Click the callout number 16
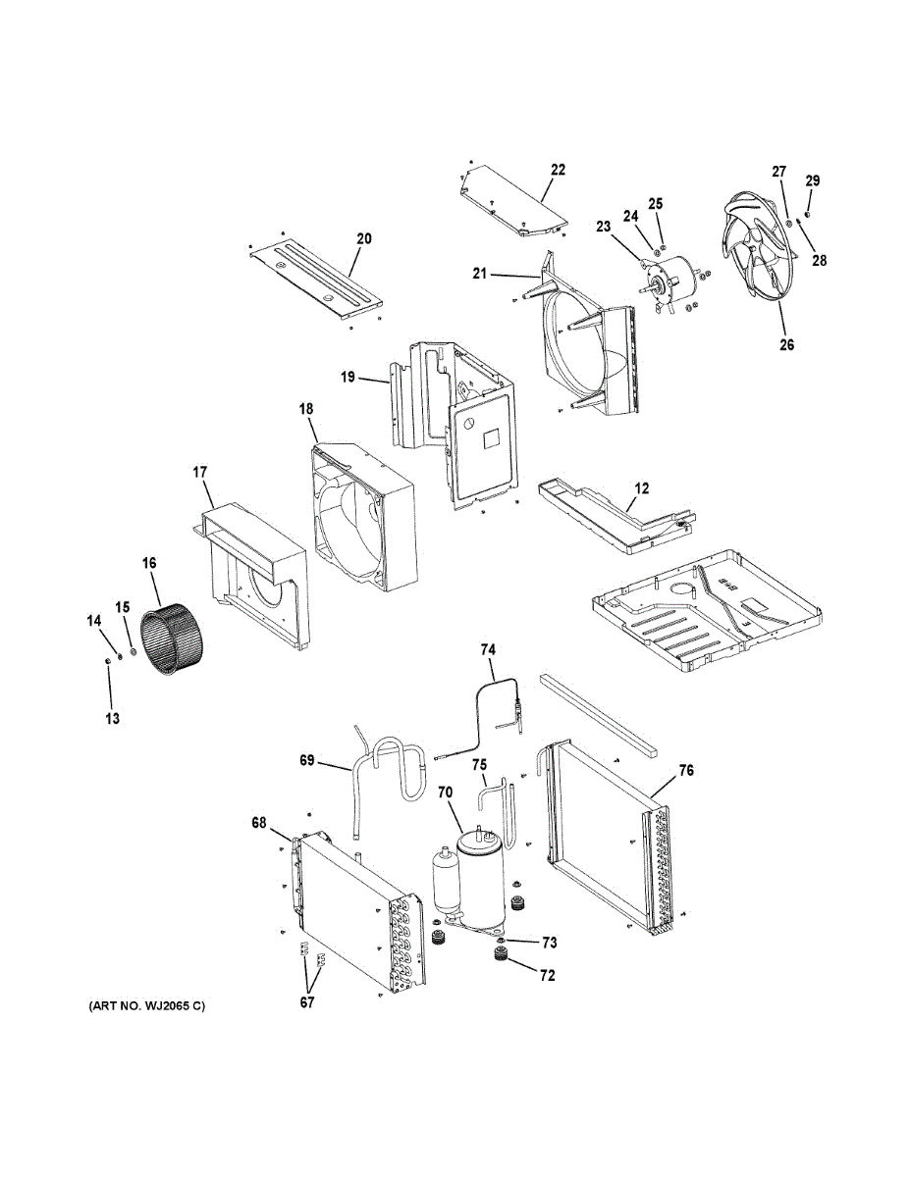click(149, 564)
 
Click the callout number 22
click(558, 170)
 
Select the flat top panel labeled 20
click(314, 278)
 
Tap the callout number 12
click(641, 488)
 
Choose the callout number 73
click(548, 943)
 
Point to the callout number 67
click(307, 1001)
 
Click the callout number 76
click(686, 772)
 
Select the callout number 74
click(489, 648)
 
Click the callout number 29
click(813, 180)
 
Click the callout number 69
click(308, 760)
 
